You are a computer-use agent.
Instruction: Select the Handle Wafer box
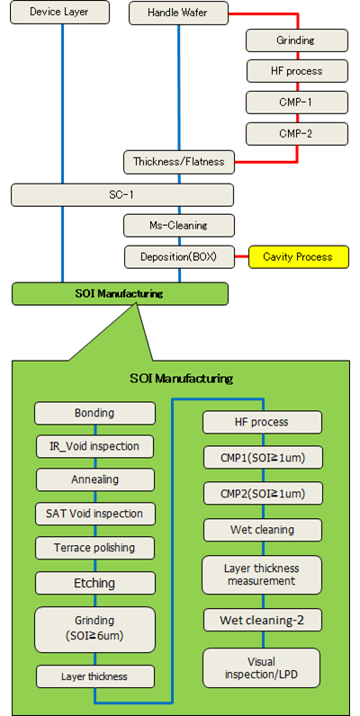[178, 13]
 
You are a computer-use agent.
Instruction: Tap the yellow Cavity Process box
[298, 257]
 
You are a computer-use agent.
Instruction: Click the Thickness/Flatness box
[179, 162]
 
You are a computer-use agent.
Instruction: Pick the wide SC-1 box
[122, 195]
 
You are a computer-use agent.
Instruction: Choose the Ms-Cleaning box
[179, 225]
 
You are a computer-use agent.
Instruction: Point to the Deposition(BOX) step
[179, 257]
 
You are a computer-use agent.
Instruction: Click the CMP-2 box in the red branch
[297, 134]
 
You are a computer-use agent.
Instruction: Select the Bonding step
[95, 413]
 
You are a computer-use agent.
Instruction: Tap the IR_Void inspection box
[95, 446]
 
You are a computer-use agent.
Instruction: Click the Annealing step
[95, 480]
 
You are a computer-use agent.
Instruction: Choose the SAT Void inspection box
[95, 514]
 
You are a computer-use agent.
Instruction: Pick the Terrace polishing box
[95, 548]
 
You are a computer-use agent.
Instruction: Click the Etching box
[95, 583]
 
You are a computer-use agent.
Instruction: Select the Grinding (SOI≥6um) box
[95, 630]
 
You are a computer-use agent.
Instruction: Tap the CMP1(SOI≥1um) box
[262, 458]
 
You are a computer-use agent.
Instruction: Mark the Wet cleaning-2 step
[263, 620]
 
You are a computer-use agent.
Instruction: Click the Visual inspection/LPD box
[261, 667]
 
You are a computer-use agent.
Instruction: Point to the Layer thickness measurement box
[262, 575]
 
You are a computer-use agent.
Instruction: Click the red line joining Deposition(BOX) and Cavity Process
[242, 257]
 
